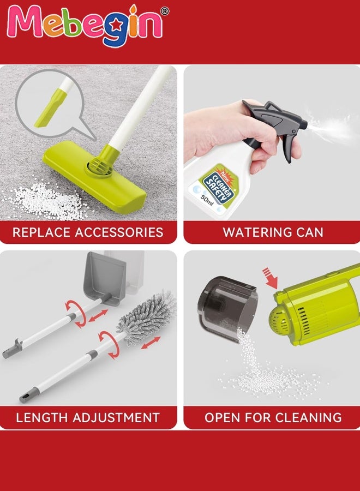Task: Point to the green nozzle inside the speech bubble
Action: (46, 110)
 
